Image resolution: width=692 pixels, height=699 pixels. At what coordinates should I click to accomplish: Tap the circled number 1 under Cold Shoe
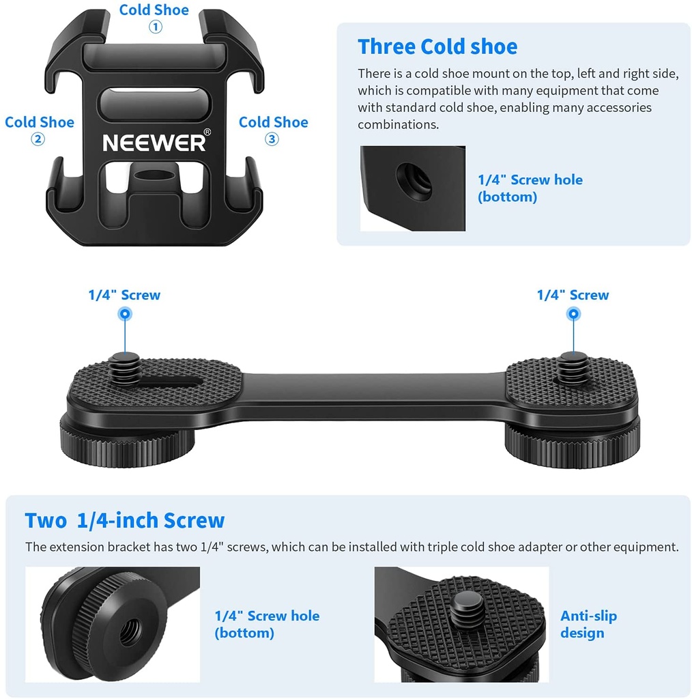156,27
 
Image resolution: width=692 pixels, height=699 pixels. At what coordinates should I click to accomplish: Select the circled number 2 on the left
38,139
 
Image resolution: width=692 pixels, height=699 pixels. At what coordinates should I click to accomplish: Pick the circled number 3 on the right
272,139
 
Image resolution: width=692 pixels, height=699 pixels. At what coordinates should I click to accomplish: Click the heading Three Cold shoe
437,46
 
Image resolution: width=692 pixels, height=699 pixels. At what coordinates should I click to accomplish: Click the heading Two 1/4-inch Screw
124,520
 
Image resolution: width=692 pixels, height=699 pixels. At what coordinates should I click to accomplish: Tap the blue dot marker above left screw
125,314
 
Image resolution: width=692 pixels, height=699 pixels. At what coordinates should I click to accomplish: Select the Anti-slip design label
588,624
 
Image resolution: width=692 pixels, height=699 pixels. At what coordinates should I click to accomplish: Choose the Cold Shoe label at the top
154,10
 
